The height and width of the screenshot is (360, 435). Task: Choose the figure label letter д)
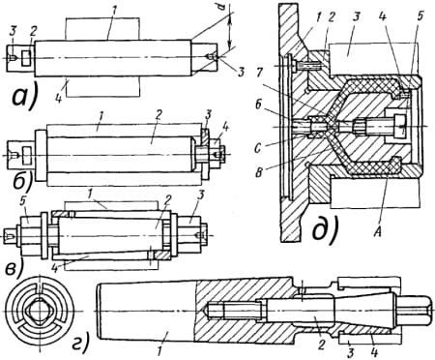coord(326,230)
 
